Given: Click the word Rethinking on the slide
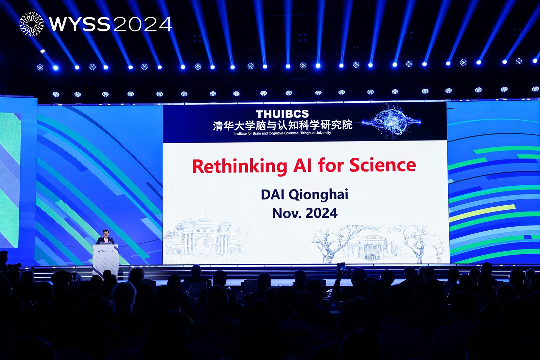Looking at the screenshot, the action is [x=240, y=166].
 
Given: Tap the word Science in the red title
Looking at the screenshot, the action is [x=383, y=165].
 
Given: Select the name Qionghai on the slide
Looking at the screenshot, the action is [x=318, y=195].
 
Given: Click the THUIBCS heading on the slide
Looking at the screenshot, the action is [x=282, y=114].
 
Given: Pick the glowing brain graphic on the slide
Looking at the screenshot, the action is [x=392, y=123].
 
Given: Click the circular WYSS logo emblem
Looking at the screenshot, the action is [x=32, y=24].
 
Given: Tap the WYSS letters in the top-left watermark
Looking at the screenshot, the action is [x=80, y=24].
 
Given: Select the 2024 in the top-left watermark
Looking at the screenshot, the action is [x=142, y=24].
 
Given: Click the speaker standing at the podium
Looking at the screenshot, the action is [x=105, y=237].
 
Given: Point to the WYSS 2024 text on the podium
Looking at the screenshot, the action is [x=105, y=251].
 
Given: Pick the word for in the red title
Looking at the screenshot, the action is [x=331, y=165].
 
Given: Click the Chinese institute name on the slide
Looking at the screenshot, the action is [x=282, y=125].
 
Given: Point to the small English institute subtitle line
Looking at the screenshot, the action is [x=282, y=133].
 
